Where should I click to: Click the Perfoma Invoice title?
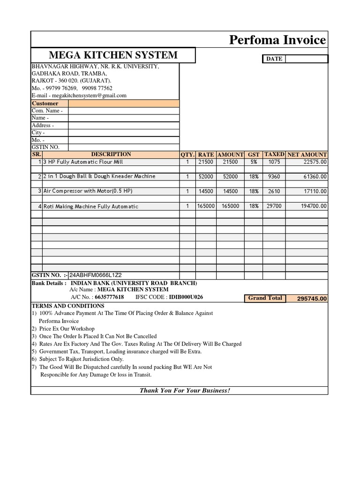click(x=277, y=40)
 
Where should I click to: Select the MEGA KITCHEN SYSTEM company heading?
click(x=113, y=55)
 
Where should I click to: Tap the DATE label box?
click(x=274, y=59)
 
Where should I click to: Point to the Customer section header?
click(x=45, y=103)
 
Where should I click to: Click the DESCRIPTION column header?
click(x=111, y=154)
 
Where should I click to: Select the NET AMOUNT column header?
click(x=307, y=154)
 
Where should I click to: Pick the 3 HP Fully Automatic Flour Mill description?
click(x=83, y=162)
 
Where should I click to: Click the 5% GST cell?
click(x=254, y=162)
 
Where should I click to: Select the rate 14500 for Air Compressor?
click(x=206, y=191)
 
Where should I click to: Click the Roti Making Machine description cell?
click(x=91, y=206)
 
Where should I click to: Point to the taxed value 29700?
click(x=274, y=206)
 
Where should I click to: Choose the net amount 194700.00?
click(x=312, y=206)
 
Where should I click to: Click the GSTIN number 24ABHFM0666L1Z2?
click(x=98, y=275)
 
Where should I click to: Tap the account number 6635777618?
click(x=109, y=297)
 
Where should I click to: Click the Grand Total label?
click(x=265, y=298)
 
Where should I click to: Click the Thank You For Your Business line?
click(x=185, y=391)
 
